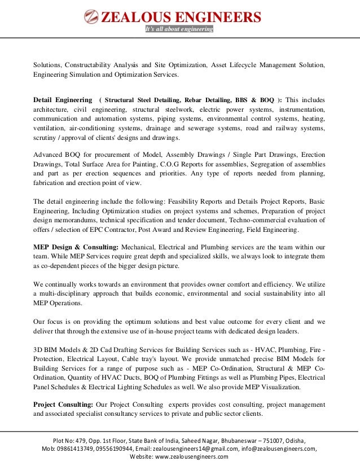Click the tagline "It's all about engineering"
point(179,29)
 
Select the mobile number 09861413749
point(77,449)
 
